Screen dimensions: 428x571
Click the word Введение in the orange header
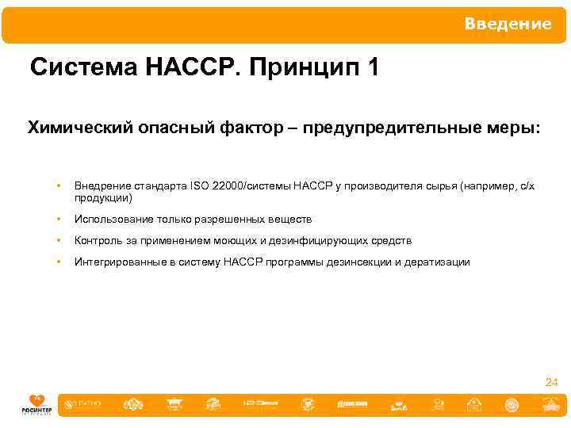point(508,24)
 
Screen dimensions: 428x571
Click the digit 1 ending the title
point(373,69)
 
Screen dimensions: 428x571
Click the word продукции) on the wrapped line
point(103,198)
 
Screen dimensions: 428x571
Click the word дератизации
point(439,262)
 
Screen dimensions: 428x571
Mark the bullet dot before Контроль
point(59,241)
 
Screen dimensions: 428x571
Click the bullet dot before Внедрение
point(59,186)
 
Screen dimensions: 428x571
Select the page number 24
point(551,383)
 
